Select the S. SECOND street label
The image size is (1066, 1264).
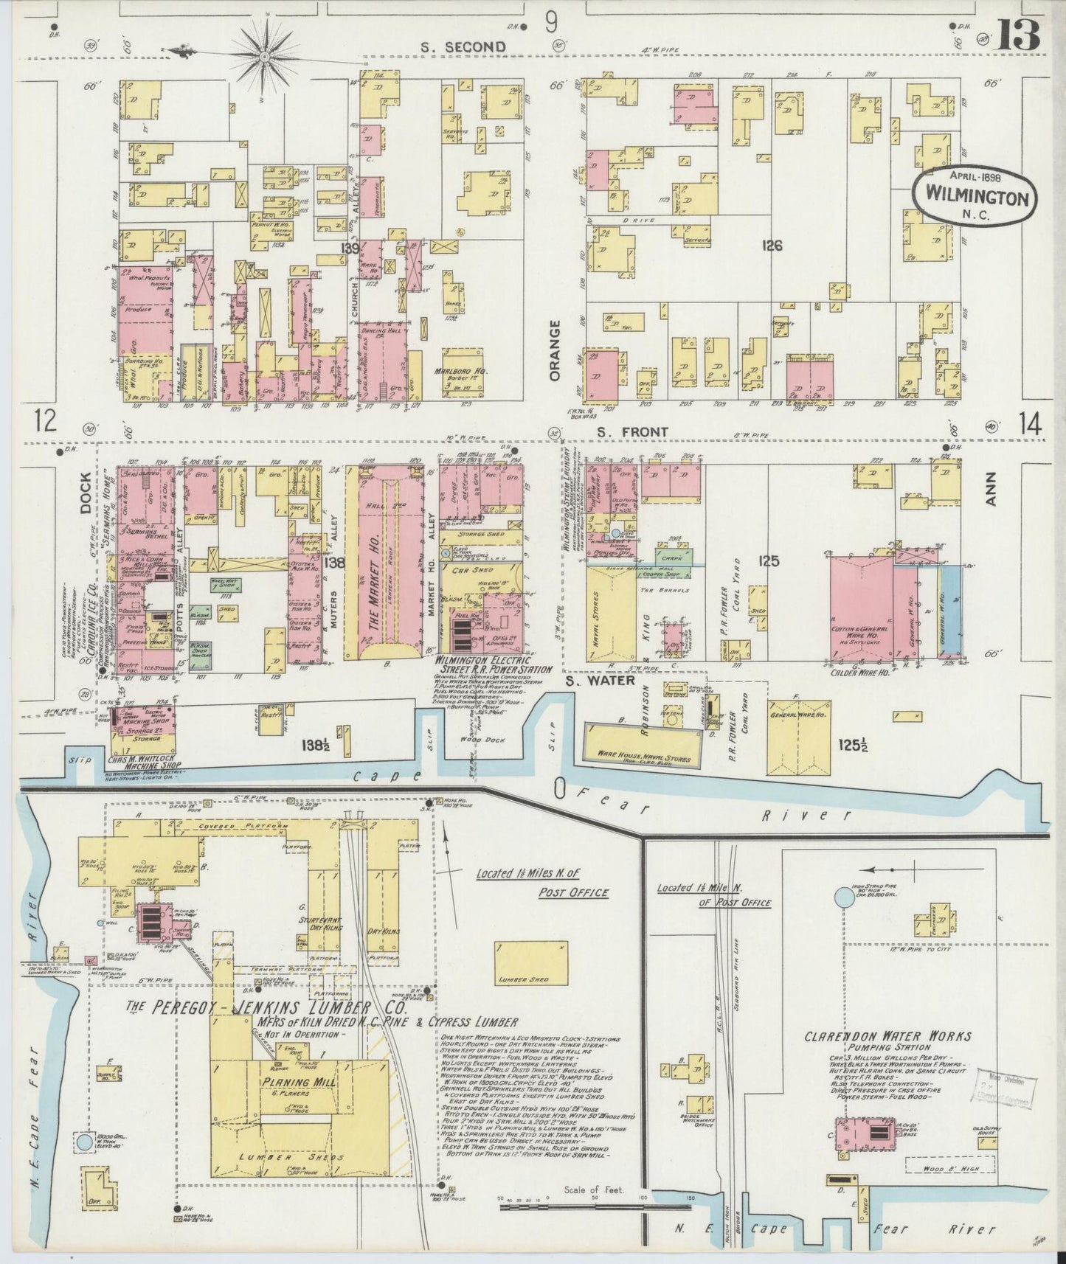pos(463,47)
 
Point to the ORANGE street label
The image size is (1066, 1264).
pos(555,350)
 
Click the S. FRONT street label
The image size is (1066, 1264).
pos(632,431)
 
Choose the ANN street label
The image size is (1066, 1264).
pos(991,488)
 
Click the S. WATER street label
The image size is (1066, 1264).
pos(601,681)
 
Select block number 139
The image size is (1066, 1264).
pos(349,249)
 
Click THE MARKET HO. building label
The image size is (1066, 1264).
pos(373,578)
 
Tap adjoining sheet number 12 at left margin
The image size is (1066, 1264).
pos(45,421)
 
